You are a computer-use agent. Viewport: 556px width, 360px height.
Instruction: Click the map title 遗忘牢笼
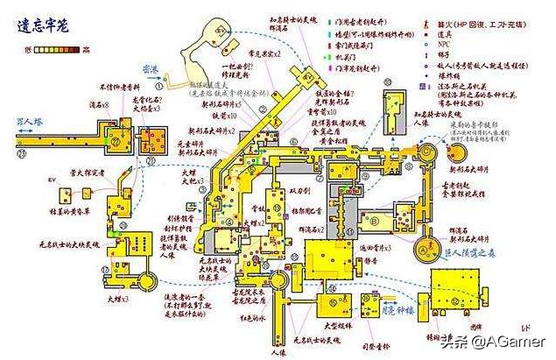pos(45,26)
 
